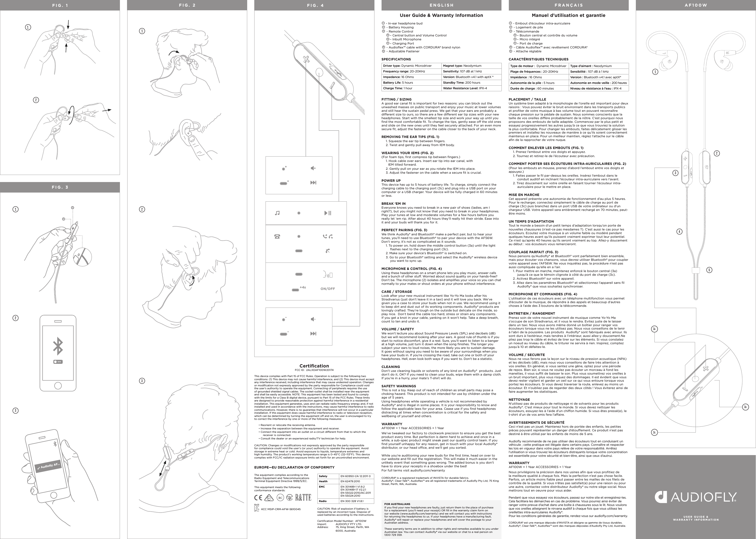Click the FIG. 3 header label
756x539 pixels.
click(60, 187)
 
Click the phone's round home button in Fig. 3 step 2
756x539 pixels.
click(58, 385)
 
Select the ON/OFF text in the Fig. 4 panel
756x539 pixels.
click(327, 289)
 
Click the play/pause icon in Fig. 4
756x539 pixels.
click(327, 213)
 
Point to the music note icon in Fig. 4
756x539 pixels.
click(277, 213)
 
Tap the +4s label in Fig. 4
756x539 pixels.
click(302, 287)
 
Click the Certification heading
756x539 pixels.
click(314, 366)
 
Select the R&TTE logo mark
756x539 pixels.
click(303, 497)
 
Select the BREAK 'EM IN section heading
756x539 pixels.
click(394, 204)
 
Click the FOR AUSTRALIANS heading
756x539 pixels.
click(397, 504)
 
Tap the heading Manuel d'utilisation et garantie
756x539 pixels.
click(569, 15)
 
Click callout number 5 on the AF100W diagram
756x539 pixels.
click(709, 270)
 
